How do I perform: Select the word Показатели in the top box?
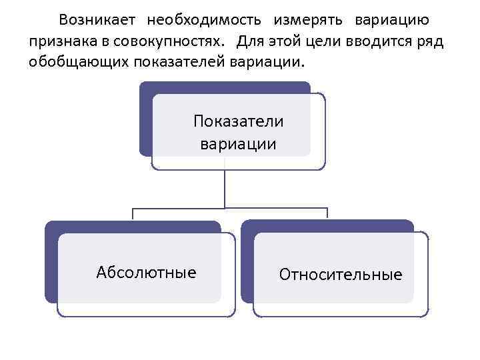pyautogui.click(x=238, y=121)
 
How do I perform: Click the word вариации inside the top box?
pyautogui.click(x=238, y=143)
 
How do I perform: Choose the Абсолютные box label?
pyautogui.click(x=146, y=272)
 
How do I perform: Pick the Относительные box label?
pyautogui.click(x=341, y=274)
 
